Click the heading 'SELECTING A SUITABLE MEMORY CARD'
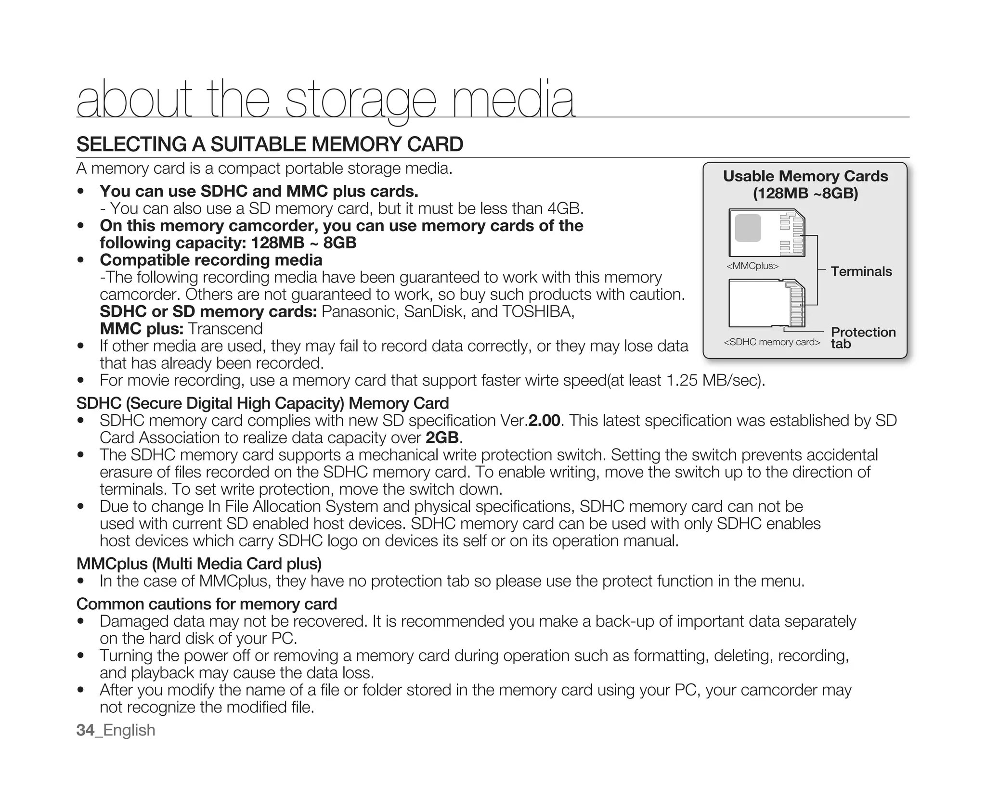pyautogui.click(x=270, y=144)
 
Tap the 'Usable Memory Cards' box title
pyautogui.click(x=805, y=176)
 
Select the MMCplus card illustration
pyautogui.click(x=766, y=233)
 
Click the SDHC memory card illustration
pyautogui.click(x=766, y=303)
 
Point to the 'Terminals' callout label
pyautogui.click(x=861, y=271)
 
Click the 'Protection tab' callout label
pyautogui.click(x=862, y=337)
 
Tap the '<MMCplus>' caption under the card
pyautogui.click(x=752, y=266)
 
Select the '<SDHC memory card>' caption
pyautogui.click(x=771, y=342)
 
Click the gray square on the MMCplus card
pyautogui.click(x=748, y=228)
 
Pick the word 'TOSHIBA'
pyautogui.click(x=537, y=312)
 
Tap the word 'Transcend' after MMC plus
pyautogui.click(x=225, y=329)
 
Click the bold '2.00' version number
pyautogui.click(x=544, y=421)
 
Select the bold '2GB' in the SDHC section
pyautogui.click(x=442, y=438)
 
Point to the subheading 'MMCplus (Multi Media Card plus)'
pyautogui.click(x=199, y=564)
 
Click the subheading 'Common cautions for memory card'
pyautogui.click(x=207, y=604)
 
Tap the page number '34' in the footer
pyautogui.click(x=85, y=730)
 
